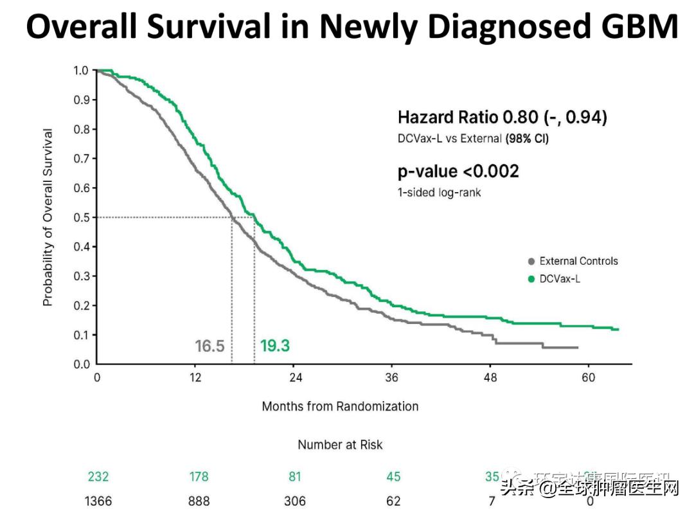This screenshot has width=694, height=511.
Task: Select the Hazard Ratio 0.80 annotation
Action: [502, 118]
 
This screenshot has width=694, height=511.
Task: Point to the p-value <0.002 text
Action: [458, 172]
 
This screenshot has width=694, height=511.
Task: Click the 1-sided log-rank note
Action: [440, 192]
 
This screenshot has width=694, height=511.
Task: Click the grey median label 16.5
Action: [209, 346]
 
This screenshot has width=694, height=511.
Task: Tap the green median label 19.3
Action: [275, 346]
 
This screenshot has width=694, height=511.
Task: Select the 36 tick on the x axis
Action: [391, 377]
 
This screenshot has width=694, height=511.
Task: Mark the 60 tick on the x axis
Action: [589, 377]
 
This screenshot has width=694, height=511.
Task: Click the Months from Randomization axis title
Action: [340, 406]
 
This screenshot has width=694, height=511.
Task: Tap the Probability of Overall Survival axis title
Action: [48, 217]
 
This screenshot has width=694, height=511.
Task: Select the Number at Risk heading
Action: [340, 445]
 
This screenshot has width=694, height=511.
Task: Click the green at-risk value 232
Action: [98, 477]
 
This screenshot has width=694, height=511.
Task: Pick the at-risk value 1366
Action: [98, 501]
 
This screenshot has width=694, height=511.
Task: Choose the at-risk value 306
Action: [295, 501]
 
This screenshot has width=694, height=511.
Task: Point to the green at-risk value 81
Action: [295, 477]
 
